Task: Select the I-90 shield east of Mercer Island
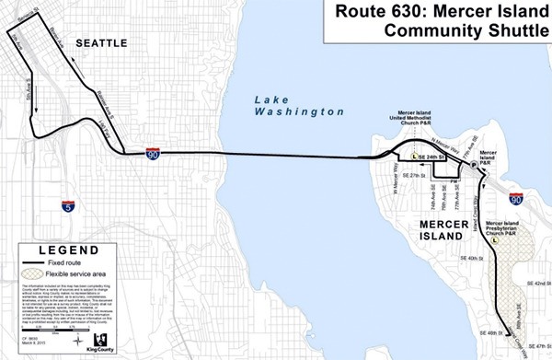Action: [x=515, y=198]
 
